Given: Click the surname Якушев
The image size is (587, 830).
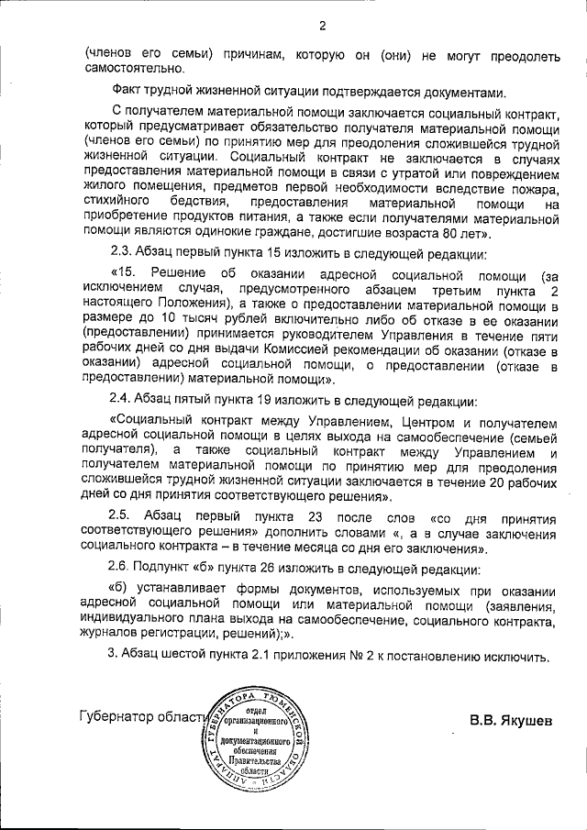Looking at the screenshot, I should coord(521,720).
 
